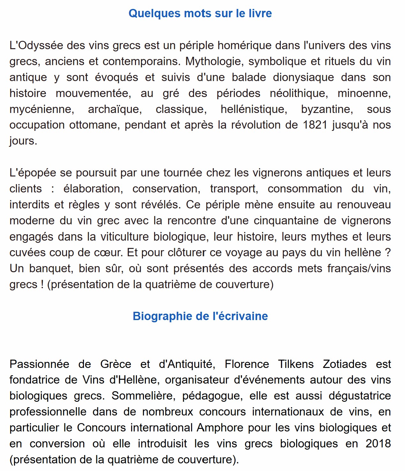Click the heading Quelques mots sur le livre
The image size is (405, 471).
(200, 13)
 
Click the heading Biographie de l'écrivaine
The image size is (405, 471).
(200, 316)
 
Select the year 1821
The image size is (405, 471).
(315, 125)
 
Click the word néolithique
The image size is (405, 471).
(298, 93)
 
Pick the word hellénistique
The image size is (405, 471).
(254, 109)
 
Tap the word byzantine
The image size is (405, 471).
(327, 109)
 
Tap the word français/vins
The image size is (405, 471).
(359, 268)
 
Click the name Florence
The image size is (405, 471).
(247, 364)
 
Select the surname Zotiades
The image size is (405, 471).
(345, 364)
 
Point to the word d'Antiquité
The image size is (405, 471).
(187, 364)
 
